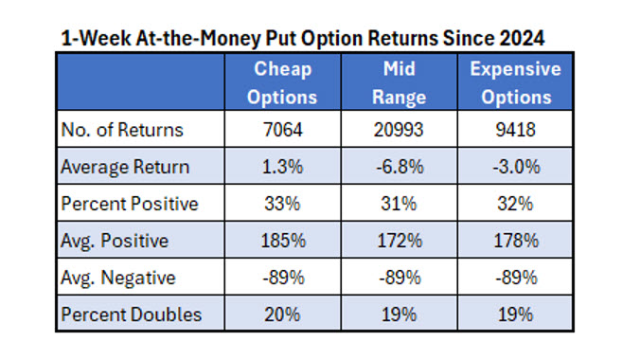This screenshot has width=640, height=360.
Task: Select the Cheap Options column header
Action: [x=283, y=82]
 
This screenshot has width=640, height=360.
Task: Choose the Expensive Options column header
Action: [x=514, y=82]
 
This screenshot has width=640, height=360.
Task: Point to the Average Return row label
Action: [x=124, y=167]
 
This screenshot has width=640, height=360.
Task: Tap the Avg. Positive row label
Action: [x=114, y=241]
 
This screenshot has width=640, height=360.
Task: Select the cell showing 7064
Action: [x=283, y=130]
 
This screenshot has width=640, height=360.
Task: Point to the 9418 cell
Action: [x=514, y=130]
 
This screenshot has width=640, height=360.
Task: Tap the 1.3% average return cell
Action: [x=283, y=167]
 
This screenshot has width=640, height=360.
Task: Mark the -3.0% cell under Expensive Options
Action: [x=514, y=167]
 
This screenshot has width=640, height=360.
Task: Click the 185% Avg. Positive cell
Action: [x=283, y=241]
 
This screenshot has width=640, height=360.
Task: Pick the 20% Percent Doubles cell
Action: [x=283, y=315]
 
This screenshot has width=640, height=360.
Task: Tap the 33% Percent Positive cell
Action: [x=283, y=204]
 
